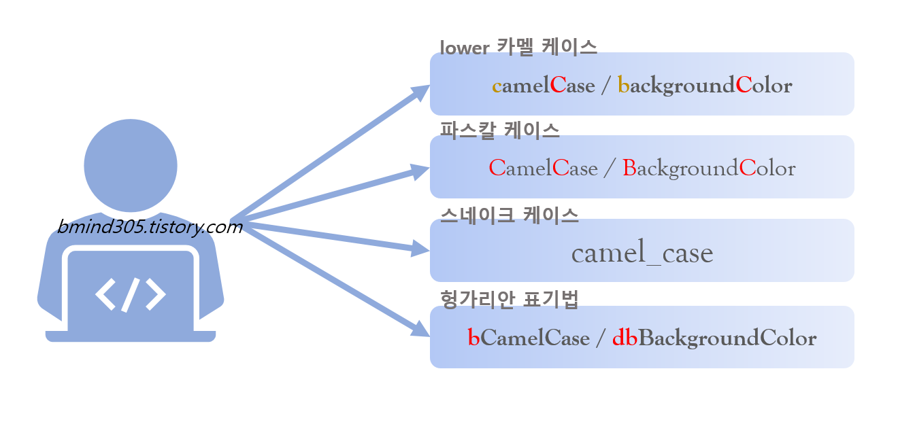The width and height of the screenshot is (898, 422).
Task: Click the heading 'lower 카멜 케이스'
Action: [x=518, y=47]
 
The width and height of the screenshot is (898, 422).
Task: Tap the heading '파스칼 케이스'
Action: [x=500, y=130]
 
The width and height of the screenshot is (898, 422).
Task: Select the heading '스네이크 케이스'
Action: [x=510, y=215]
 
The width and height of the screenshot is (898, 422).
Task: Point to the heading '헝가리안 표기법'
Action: [x=510, y=299]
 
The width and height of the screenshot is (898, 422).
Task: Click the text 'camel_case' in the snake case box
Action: [x=642, y=253]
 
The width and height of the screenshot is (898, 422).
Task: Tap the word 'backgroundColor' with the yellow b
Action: [x=705, y=86]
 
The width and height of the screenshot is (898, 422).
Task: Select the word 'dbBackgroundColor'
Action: [x=714, y=338]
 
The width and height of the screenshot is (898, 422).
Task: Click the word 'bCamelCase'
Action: [x=529, y=338]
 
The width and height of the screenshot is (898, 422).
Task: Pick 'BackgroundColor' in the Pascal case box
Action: [x=709, y=169]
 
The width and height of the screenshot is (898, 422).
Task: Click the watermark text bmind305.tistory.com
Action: [x=150, y=226]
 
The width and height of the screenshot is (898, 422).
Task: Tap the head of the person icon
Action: [x=131, y=165]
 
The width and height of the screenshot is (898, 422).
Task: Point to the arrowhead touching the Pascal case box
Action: [x=420, y=171]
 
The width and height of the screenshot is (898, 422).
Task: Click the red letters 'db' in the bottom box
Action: [x=625, y=338]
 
